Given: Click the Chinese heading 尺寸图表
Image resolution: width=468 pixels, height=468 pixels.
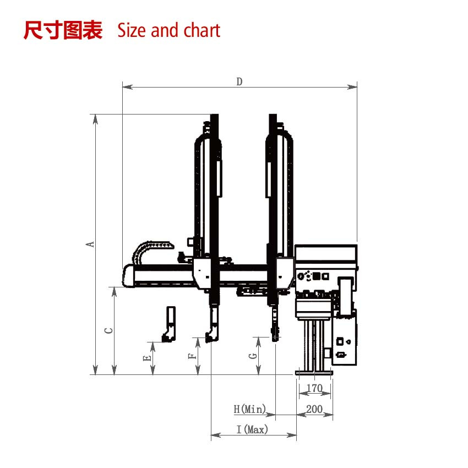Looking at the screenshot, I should coord(63,31).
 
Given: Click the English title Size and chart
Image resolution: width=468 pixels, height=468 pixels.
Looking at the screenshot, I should coord(168,31).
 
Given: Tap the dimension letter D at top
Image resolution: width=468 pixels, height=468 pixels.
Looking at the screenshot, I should coord(240,81).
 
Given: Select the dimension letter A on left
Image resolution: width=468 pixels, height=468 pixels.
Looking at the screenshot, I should coord(91,244).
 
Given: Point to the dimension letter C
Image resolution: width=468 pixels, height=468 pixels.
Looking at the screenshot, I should coord(109,330).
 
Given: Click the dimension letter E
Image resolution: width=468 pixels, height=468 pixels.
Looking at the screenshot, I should coord(146,358).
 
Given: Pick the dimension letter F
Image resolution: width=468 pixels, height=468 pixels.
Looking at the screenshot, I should coord(192,356).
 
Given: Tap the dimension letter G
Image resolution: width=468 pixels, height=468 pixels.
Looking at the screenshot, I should coord(253,356).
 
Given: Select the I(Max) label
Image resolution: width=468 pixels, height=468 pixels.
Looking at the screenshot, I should coord(253,429).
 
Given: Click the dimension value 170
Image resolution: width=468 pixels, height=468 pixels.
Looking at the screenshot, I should coord(314,389).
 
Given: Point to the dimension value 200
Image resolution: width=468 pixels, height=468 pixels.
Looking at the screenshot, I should coord(314,409).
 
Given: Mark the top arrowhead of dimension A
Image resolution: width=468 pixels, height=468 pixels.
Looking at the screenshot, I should coord(96,118).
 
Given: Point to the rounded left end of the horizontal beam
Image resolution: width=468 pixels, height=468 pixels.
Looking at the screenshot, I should coord(128,275).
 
